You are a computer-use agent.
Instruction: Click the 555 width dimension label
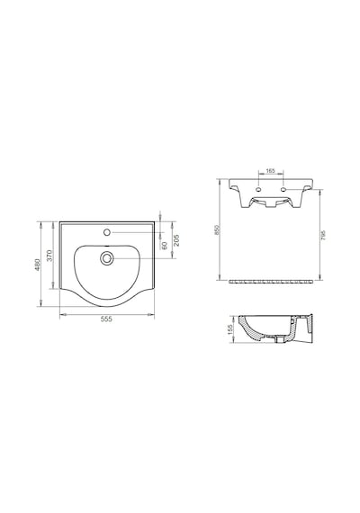tap(106, 319)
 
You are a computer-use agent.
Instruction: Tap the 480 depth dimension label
tap(37, 265)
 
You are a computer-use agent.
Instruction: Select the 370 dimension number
tap(49, 256)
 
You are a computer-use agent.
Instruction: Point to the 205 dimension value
tap(175, 241)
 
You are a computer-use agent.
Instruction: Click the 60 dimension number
tap(165, 245)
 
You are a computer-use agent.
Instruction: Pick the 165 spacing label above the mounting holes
tap(271, 170)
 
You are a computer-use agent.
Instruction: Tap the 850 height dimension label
tap(216, 229)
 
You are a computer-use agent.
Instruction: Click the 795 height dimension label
tap(323, 235)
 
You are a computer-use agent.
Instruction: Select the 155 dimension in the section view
tap(230, 330)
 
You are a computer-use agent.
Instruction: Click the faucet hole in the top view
tap(106, 232)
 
